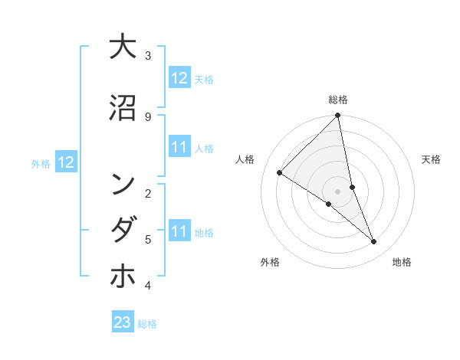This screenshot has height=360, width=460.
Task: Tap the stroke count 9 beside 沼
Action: point(148,116)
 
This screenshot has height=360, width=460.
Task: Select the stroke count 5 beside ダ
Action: point(148,240)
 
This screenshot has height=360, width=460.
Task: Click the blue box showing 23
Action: point(123,322)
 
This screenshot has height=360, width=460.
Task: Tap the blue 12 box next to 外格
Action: point(66,162)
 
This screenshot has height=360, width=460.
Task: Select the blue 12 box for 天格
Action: point(179,78)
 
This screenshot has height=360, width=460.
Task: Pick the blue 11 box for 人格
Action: point(179,147)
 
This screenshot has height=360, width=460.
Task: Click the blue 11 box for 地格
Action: point(179,231)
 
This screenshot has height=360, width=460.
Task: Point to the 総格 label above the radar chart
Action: point(338,100)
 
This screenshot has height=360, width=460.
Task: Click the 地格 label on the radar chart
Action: point(402,262)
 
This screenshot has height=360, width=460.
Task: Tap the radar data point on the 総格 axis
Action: point(338,116)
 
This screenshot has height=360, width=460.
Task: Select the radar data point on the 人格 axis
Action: point(280,173)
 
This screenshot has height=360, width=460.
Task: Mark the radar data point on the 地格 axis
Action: point(374,242)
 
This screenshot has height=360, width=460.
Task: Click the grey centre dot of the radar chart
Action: point(338,191)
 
